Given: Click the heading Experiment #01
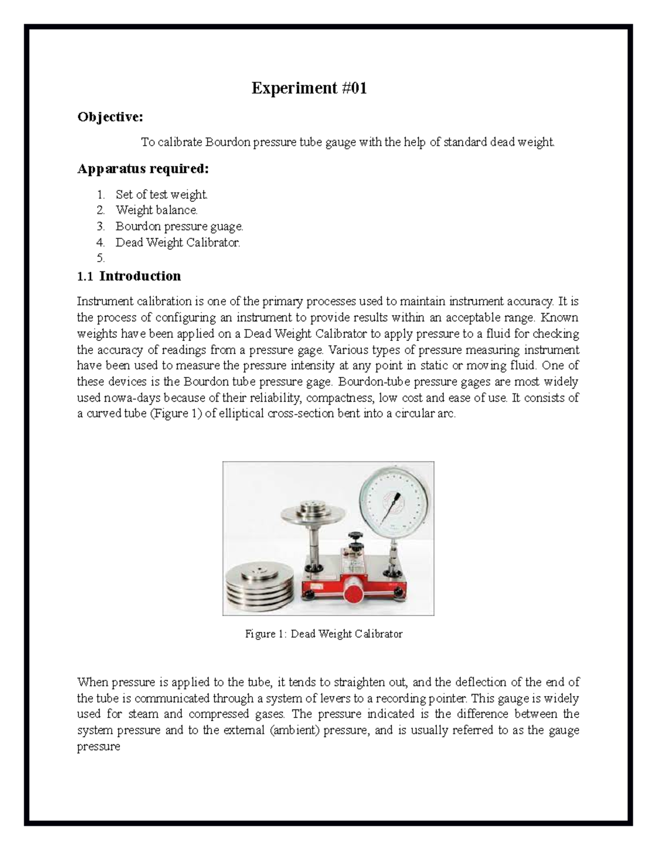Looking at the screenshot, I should click(309, 88).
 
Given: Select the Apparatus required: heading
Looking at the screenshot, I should click(143, 169).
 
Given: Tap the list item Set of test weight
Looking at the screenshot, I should click(162, 194).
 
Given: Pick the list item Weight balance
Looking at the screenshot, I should click(157, 210).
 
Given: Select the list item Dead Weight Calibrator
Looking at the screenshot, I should click(177, 242).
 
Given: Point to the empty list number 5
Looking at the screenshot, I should click(100, 258).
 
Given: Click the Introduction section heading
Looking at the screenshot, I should click(140, 276).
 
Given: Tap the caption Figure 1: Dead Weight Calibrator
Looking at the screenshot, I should click(324, 634).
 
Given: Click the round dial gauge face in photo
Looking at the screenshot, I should click(395, 500).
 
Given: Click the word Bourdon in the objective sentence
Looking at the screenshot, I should click(227, 142).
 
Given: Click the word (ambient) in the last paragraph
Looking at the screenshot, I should click(295, 730).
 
